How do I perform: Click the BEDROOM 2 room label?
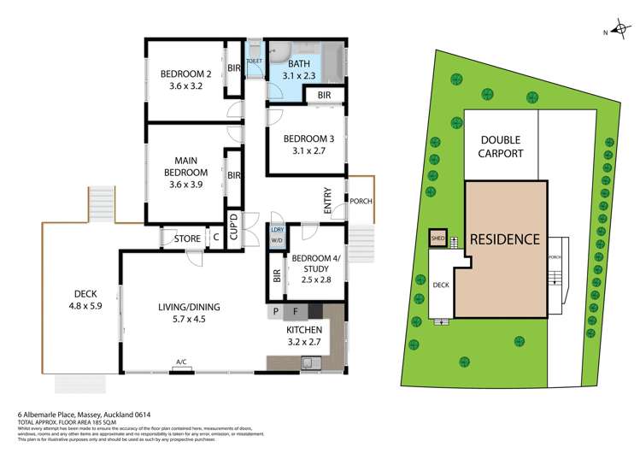tap(184, 79)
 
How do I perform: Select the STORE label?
tap(187, 239)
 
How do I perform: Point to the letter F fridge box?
tap(296, 312)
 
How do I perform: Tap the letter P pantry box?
tap(276, 312)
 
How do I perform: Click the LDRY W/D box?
tap(277, 235)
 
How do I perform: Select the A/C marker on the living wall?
tap(181, 363)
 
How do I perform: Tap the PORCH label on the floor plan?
tap(361, 202)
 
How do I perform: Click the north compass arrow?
tap(614, 32)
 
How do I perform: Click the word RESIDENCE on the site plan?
tap(505, 239)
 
